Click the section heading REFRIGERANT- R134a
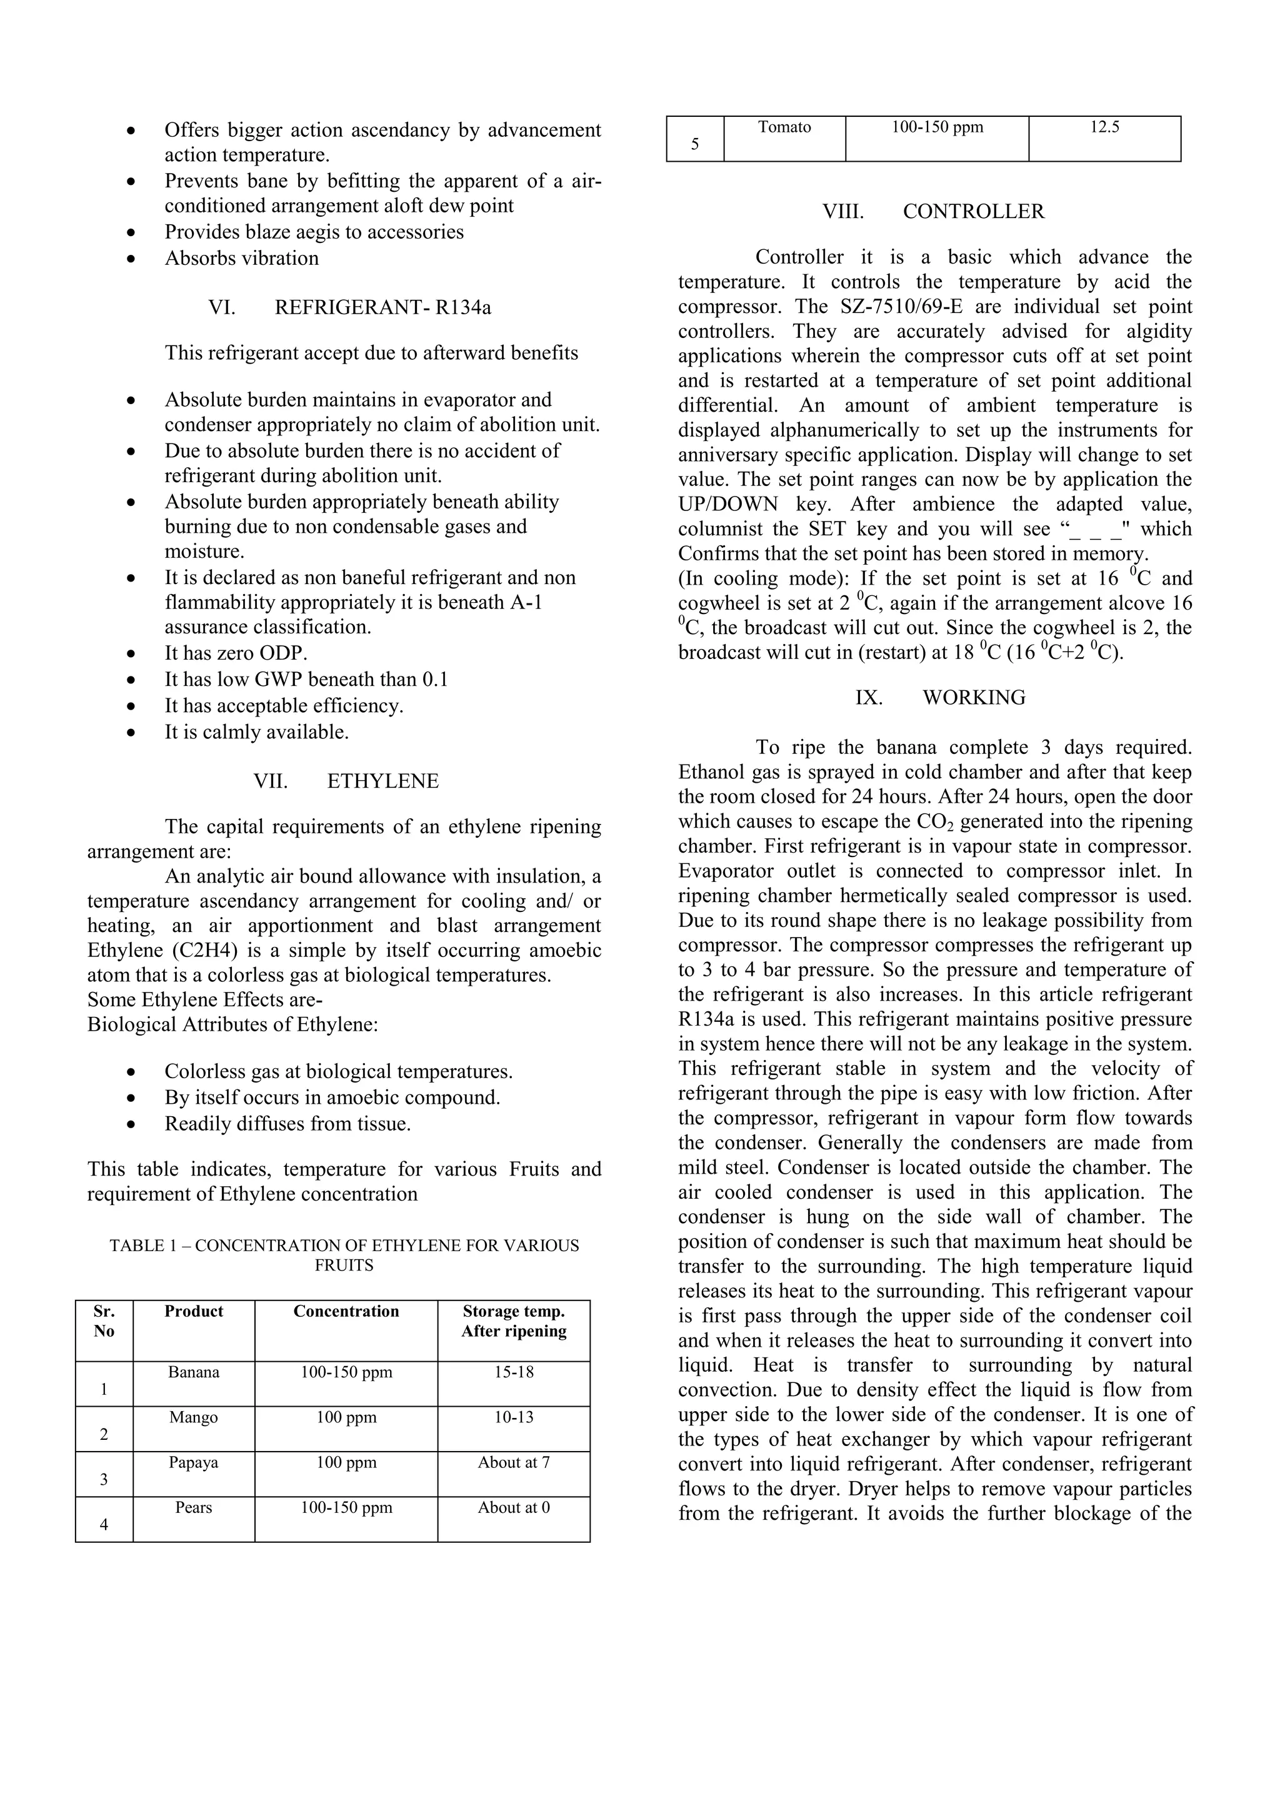coord(382,307)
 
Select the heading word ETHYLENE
coord(382,781)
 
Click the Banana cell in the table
coord(194,1372)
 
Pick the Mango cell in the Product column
coord(193,1417)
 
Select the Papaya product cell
coord(193,1462)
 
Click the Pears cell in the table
coord(193,1507)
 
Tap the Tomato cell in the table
coord(784,127)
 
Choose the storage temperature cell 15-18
coord(514,1372)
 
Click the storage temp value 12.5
coord(1104,127)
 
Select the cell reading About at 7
coord(514,1462)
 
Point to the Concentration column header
coord(346,1311)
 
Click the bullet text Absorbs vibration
coord(241,259)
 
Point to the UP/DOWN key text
coord(727,504)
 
